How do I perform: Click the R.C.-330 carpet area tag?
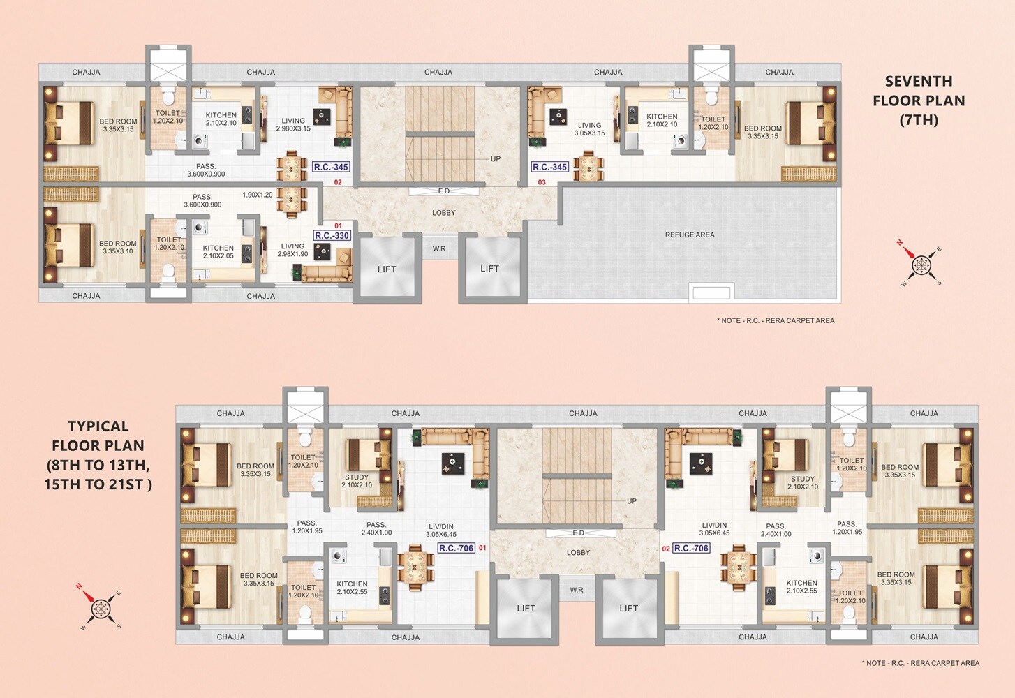pyautogui.click(x=332, y=236)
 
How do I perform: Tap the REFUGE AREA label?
pyautogui.click(x=690, y=235)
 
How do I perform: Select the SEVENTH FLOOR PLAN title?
pyautogui.click(x=919, y=101)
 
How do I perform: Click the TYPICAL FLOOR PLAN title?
pyautogui.click(x=98, y=455)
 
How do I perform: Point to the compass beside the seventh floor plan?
pyautogui.click(x=921, y=264)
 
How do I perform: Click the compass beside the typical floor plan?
pyautogui.click(x=101, y=607)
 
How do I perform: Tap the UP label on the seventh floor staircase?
pyautogui.click(x=496, y=159)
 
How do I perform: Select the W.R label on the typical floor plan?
pyautogui.click(x=577, y=591)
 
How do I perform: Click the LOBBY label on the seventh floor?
pyautogui.click(x=444, y=213)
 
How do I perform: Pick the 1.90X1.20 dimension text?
pyautogui.click(x=258, y=195)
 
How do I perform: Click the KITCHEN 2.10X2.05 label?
pyautogui.click(x=218, y=252)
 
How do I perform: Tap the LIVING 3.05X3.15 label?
pyautogui.click(x=590, y=129)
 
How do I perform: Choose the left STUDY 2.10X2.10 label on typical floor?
pyautogui.click(x=357, y=481)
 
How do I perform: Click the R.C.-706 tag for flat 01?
pyautogui.click(x=457, y=549)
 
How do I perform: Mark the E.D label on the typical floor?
pyautogui.click(x=579, y=533)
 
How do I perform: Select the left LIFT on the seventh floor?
pyautogui.click(x=387, y=269)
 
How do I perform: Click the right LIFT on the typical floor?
pyautogui.click(x=629, y=609)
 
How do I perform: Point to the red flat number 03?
pyautogui.click(x=542, y=183)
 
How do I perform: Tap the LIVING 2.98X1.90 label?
pyautogui.click(x=292, y=250)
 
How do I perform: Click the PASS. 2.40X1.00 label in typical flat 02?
pyautogui.click(x=776, y=530)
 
